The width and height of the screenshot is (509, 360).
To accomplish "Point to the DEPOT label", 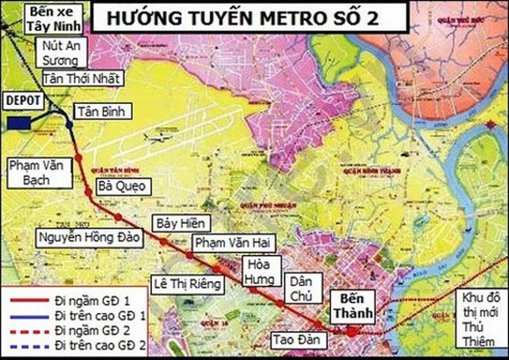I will coord(21,102).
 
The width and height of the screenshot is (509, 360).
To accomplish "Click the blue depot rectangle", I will coord(20,122).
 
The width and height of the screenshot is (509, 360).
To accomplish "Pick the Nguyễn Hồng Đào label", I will coord(90,237).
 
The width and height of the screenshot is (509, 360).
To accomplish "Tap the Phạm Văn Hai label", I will coord(223,242).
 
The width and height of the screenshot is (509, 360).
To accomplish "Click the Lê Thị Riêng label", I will coord(189,282).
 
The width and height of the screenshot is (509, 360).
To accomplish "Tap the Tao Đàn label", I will coord(288,336).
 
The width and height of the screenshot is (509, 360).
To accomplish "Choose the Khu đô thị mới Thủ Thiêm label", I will coord(481,319).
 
